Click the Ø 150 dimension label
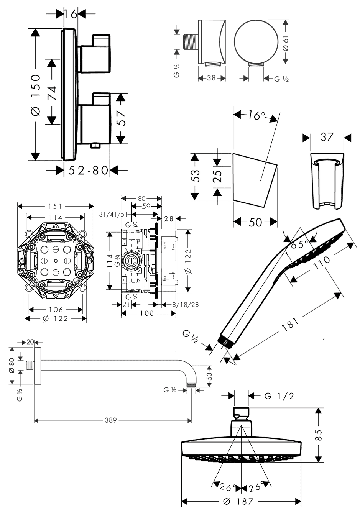tap(35, 95)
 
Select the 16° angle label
tap(255, 115)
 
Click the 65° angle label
tap(301, 244)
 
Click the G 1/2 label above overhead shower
tap(279, 396)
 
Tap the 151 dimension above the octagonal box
tap(55, 207)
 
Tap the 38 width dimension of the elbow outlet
tap(211, 78)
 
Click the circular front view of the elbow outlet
tap(249, 42)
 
